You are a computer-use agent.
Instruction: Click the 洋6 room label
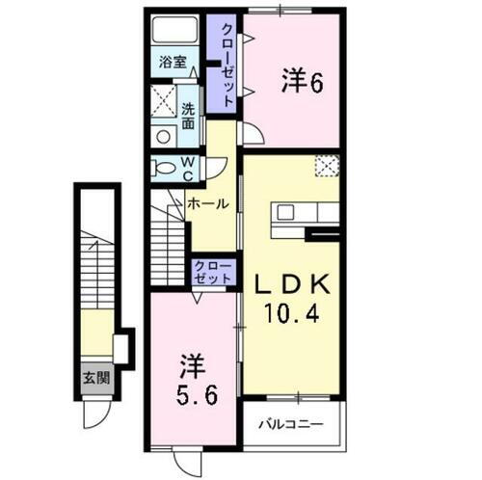301,84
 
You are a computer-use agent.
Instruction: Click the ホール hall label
207,204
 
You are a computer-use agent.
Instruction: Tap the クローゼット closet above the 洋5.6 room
212,271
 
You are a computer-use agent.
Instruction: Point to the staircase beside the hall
166,245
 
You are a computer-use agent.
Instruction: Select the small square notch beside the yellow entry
122,345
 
